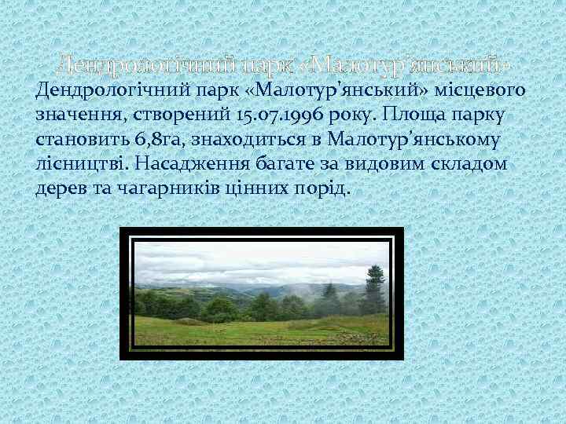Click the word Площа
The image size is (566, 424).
click(x=413, y=115)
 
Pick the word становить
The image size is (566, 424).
click(x=72, y=141)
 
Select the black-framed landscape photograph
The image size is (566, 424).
click(x=261, y=294)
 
